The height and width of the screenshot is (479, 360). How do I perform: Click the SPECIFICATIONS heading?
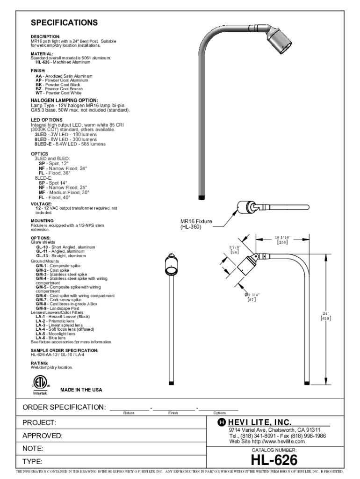click(64, 23)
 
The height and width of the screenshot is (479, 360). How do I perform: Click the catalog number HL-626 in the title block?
click(274, 460)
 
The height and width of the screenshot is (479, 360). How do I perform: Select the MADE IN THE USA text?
click(81, 390)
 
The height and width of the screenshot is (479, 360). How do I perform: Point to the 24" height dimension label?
click(326, 316)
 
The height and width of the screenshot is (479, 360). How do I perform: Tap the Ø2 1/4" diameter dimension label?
click(253, 297)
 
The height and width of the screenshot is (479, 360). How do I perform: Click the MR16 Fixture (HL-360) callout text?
click(196, 224)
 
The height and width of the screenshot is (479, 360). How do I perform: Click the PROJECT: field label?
click(40, 423)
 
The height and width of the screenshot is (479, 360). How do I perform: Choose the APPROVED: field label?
click(43, 436)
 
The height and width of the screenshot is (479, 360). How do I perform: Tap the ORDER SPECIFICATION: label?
click(64, 407)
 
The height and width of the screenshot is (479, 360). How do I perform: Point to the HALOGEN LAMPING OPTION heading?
click(64, 100)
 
